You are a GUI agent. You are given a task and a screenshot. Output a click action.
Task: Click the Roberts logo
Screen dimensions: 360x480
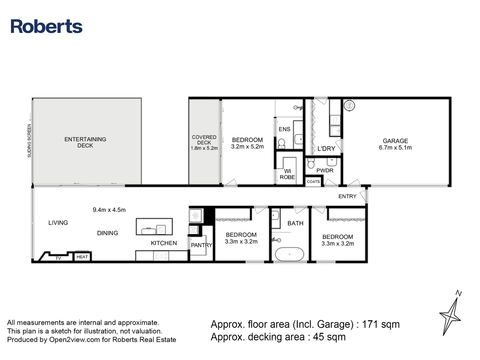[x=46, y=27]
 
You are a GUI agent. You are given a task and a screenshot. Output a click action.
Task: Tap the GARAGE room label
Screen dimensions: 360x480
[x=395, y=141]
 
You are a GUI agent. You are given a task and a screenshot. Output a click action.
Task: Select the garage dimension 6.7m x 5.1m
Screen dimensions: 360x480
[x=395, y=148]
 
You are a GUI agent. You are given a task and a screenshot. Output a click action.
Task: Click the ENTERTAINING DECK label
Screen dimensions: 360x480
[x=85, y=142]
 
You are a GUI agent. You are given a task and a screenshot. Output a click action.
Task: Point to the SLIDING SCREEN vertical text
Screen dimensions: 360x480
[x=29, y=140]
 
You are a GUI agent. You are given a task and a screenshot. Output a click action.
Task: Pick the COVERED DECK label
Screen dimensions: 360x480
[x=204, y=140]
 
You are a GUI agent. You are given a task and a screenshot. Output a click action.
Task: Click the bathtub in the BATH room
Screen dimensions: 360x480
[x=289, y=254]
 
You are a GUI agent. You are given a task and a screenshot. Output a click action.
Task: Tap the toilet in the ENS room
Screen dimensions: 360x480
[x=281, y=143]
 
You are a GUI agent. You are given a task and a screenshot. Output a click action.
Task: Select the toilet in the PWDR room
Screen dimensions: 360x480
[x=311, y=163]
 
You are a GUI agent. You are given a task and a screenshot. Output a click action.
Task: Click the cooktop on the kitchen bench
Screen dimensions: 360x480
[x=161, y=256]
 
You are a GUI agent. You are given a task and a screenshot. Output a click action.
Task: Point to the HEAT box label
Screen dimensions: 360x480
[x=82, y=257]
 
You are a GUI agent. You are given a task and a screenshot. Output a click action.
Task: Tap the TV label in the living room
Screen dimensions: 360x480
[x=58, y=258]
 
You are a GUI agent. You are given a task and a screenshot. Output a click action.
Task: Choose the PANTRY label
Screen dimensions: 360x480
[x=201, y=245]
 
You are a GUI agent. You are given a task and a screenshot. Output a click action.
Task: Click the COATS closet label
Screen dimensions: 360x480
[x=313, y=182]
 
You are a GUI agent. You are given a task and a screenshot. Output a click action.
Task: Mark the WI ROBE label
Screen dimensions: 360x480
[x=287, y=174]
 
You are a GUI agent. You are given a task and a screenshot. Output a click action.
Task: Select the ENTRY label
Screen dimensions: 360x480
[x=347, y=196]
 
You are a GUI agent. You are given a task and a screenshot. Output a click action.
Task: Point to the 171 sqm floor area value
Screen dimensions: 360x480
[x=381, y=324]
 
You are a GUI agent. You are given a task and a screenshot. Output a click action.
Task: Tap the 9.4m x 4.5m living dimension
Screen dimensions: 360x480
[x=109, y=210]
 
